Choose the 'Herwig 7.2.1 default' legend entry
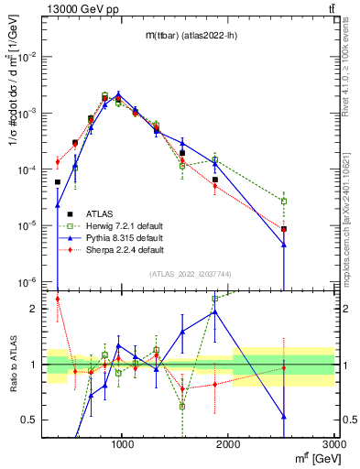[125, 225]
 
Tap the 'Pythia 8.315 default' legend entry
[125, 237]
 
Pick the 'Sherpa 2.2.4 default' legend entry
[125, 249]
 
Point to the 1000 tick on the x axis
[123, 441]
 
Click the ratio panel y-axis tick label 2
[34, 309]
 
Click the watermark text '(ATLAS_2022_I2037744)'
[191, 273]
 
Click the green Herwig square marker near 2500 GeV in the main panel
[284, 201]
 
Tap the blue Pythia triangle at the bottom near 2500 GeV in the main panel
[284, 245]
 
